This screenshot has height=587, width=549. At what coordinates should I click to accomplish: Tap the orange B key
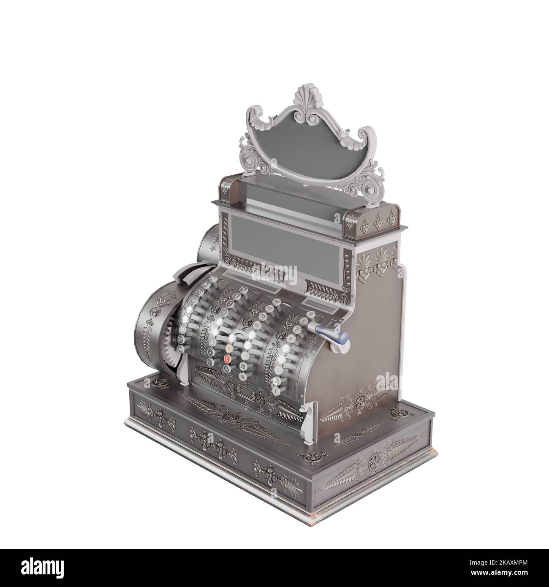[x=228, y=348]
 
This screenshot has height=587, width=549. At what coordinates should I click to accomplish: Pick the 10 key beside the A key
[x=242, y=376]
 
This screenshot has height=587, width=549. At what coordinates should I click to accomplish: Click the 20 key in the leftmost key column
[x=181, y=339]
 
